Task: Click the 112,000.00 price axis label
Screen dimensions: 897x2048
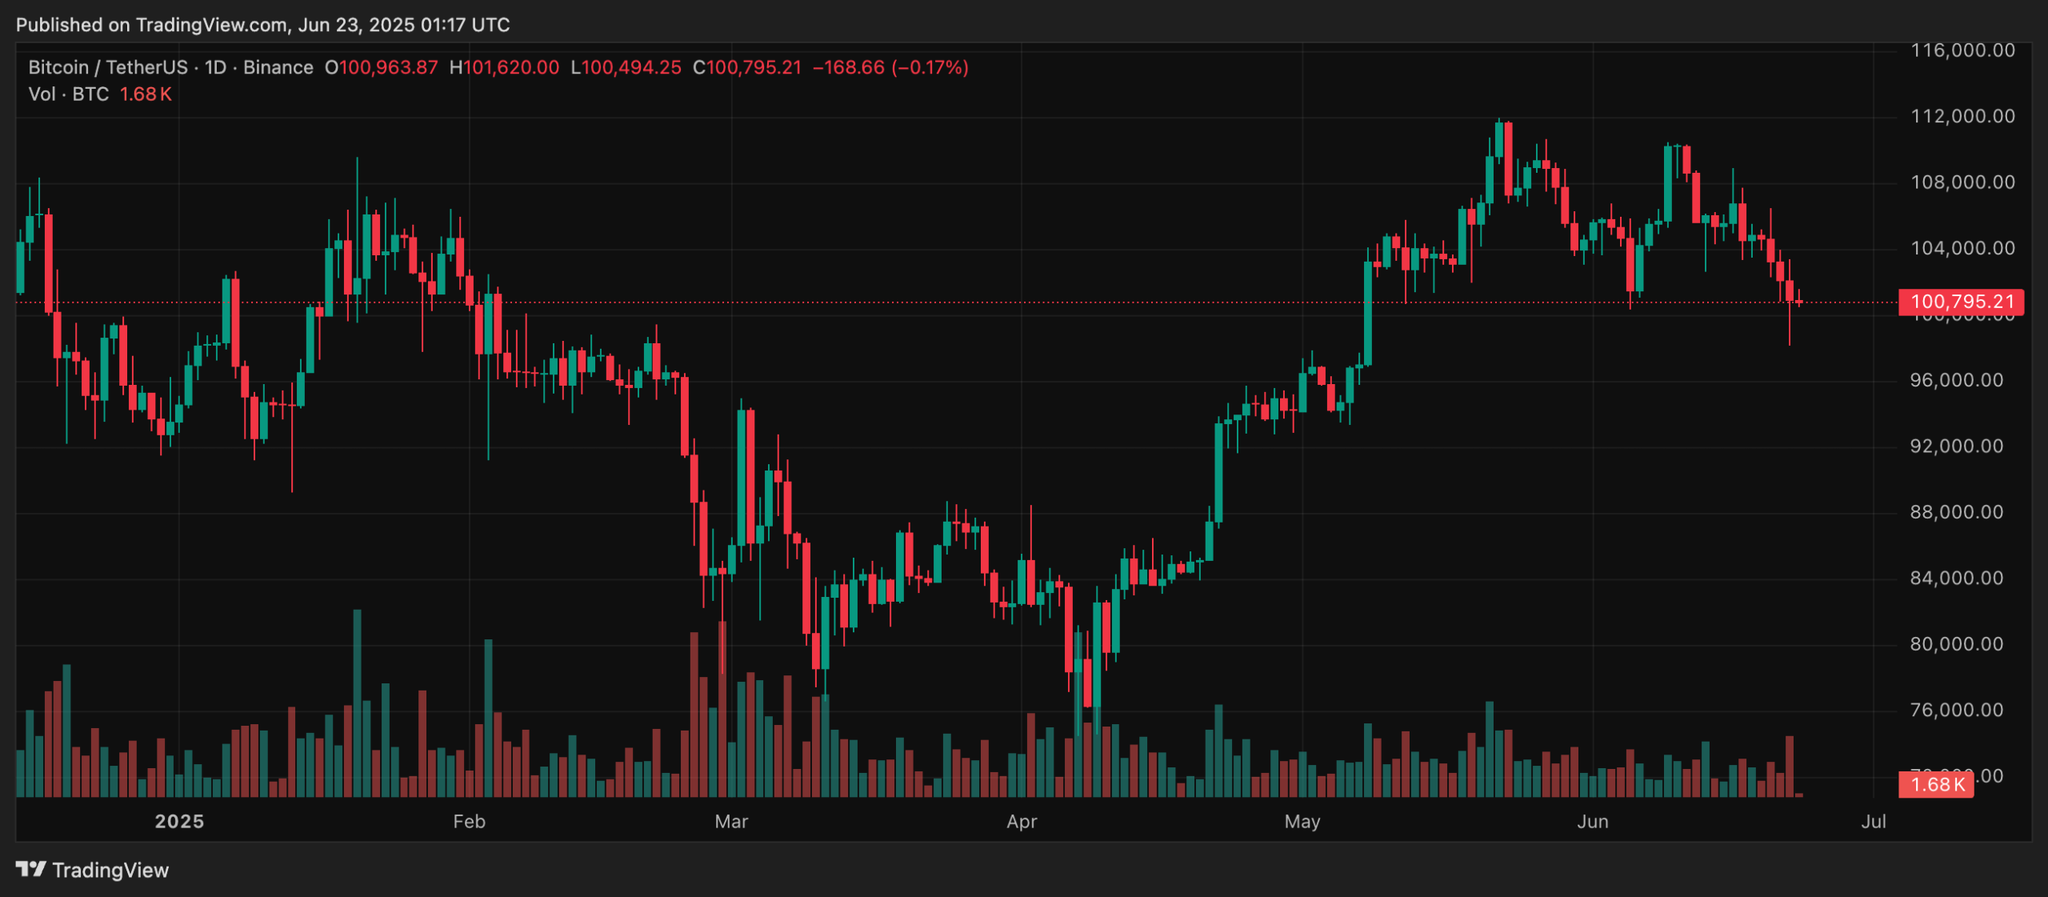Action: click(x=1962, y=117)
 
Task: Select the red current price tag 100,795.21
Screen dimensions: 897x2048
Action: click(x=1961, y=302)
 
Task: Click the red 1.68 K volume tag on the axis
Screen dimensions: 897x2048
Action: click(x=1936, y=784)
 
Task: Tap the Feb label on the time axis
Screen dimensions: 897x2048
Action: click(x=469, y=822)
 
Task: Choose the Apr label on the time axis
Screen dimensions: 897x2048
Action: click(x=1022, y=822)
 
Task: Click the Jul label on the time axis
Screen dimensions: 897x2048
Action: click(x=1874, y=822)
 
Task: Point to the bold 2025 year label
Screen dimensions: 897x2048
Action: click(x=179, y=822)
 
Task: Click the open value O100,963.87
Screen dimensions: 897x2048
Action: click(x=382, y=67)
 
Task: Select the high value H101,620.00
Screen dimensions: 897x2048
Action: click(x=504, y=67)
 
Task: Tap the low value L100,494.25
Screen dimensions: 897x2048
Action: click(x=626, y=67)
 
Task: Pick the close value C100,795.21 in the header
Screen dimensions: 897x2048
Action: click(x=747, y=67)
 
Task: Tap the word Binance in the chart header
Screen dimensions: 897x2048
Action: click(x=278, y=67)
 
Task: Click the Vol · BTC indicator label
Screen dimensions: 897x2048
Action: click(x=69, y=94)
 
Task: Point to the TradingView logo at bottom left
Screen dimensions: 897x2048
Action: click(x=92, y=870)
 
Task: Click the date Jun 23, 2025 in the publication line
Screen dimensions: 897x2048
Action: click(x=356, y=25)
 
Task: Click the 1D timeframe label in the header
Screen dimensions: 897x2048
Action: click(x=215, y=67)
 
